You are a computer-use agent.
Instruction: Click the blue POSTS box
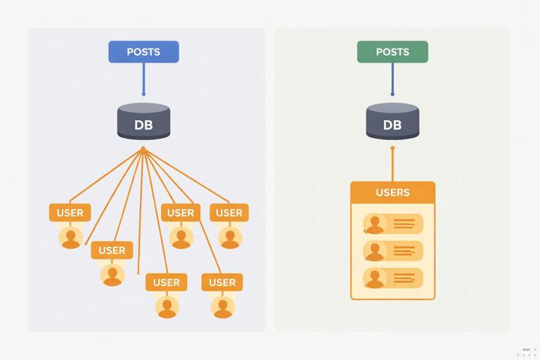143,52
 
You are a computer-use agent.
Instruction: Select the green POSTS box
392,52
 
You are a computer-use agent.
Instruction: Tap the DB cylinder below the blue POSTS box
143,121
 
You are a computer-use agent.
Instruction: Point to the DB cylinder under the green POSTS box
392,121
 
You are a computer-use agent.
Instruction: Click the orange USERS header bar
392,192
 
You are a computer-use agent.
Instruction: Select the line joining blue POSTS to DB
143,78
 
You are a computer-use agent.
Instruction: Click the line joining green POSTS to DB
392,78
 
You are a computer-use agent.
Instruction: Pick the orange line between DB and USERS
392,165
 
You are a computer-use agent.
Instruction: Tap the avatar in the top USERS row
375,224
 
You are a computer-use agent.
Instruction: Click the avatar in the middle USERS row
375,251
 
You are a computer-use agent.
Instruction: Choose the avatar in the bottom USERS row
375,278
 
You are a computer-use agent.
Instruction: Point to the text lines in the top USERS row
404,224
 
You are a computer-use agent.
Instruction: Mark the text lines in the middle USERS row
404,251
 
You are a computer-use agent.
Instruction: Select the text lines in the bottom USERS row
404,278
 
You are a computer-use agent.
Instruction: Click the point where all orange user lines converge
143,148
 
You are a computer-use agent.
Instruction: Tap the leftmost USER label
70,212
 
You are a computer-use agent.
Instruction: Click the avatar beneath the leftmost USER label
70,238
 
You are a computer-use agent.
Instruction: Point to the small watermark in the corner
529,351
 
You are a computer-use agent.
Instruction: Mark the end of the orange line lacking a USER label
138,273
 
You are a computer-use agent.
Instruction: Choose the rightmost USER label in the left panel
229,212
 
